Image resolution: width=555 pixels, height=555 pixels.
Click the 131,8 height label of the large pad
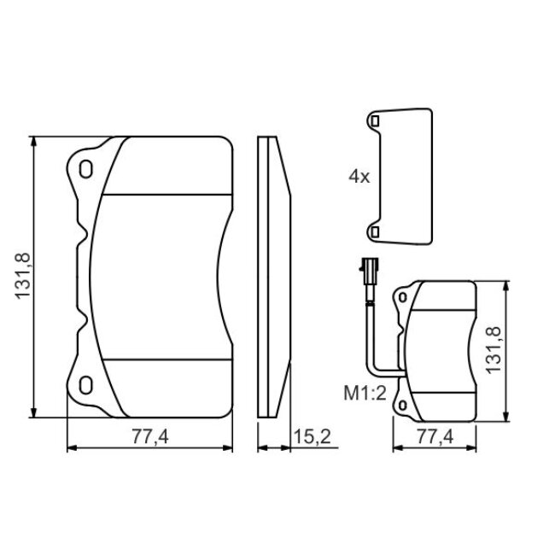tap(22, 276)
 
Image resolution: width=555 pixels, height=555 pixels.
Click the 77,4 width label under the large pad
tap(150, 436)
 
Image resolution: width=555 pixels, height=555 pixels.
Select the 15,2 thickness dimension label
tap(313, 436)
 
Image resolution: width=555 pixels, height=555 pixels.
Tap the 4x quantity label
tap(359, 176)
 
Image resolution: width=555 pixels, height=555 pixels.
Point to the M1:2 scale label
tap(365, 393)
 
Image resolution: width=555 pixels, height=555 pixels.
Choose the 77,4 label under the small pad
tap(435, 436)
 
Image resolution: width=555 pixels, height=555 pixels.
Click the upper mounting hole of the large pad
tap(85, 169)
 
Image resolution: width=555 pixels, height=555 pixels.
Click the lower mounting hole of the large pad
tap(85, 385)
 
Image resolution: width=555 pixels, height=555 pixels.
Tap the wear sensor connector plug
tap(369, 266)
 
